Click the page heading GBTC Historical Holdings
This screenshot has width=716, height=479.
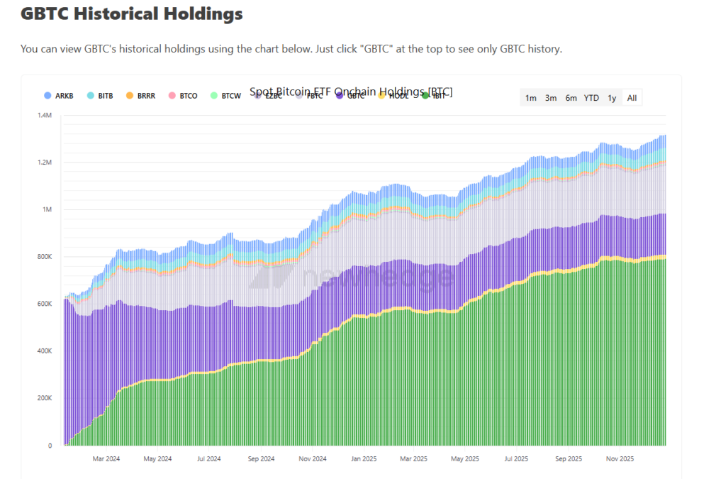tap(131, 13)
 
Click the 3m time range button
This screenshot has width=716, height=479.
tap(551, 98)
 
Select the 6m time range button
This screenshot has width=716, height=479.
tap(571, 98)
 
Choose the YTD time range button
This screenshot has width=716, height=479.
tap(591, 98)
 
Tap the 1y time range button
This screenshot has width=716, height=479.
tap(612, 98)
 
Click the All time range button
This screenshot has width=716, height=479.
tap(632, 98)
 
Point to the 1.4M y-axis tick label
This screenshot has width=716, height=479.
tap(44, 115)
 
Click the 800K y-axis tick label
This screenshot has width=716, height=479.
tap(44, 257)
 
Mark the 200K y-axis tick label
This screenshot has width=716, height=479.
tap(44, 398)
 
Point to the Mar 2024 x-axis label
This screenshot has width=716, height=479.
tap(106, 458)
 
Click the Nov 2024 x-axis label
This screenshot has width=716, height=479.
tap(312, 458)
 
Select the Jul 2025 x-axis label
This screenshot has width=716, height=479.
tap(516, 458)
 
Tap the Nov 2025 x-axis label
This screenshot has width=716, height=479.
tap(620, 458)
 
